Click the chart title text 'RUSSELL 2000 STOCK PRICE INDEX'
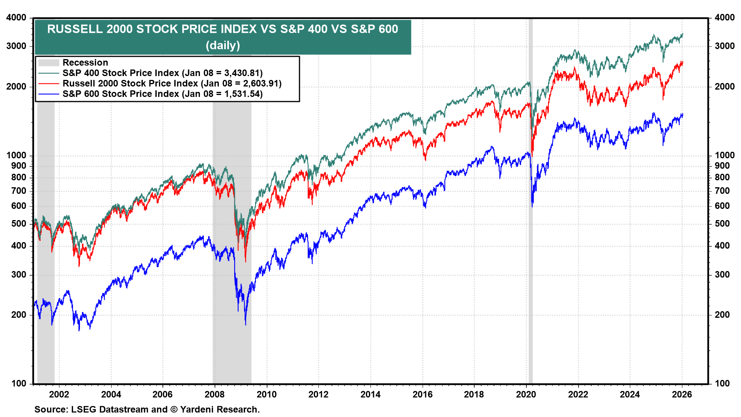click(x=152, y=29)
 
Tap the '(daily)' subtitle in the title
click(x=223, y=46)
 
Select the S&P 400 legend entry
click(x=162, y=73)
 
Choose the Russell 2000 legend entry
click(x=172, y=83)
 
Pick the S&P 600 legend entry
click(x=162, y=94)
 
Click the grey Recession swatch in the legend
click(x=49, y=63)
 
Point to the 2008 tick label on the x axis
click(x=215, y=395)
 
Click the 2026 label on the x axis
click(x=682, y=395)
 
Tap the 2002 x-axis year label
click(x=59, y=395)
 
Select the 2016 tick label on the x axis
click(x=423, y=395)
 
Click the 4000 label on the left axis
click(x=17, y=18)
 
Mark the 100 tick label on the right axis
click(x=722, y=383)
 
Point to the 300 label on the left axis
click(x=19, y=275)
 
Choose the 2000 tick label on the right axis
click(x=724, y=86)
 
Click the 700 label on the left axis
click(x=19, y=191)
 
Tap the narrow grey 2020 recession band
click(x=531, y=232)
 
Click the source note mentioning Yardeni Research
click(x=147, y=410)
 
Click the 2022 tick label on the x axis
click(x=578, y=395)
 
